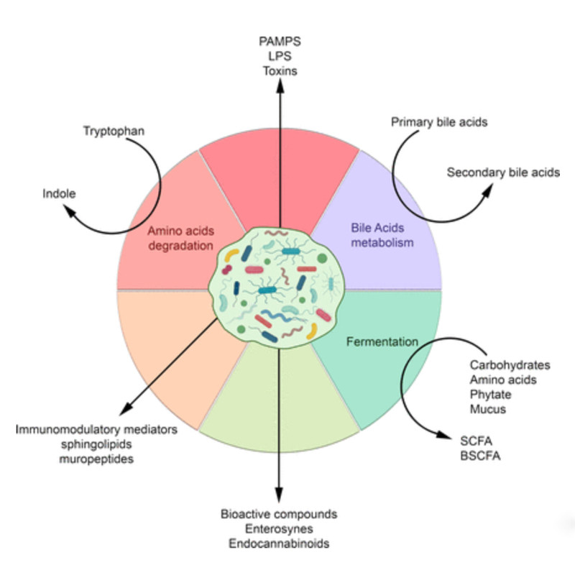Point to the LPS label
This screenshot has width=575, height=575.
tap(280, 55)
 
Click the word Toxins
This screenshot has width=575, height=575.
tap(280, 70)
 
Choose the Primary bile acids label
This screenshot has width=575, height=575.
tap(439, 121)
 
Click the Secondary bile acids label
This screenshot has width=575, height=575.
tap(502, 172)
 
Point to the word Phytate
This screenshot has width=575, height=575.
tap(489, 394)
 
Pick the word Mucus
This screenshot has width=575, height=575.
tap(488, 409)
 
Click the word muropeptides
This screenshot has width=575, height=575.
tap(95, 459)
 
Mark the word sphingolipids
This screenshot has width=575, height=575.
tap(96, 444)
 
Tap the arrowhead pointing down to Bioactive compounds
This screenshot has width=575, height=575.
tap(279, 500)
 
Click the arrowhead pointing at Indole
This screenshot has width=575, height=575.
tap(69, 211)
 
